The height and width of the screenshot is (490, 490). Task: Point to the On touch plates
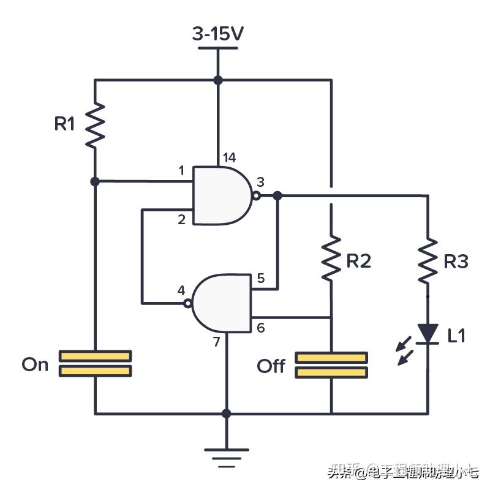pyautogui.click(x=95, y=363)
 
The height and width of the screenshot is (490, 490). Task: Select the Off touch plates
pyautogui.click(x=331, y=365)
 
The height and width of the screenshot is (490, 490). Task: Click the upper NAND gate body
pyautogui.click(x=221, y=195)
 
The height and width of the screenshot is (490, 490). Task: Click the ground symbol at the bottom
pyautogui.click(x=226, y=454)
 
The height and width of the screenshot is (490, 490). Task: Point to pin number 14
pyautogui.click(x=229, y=158)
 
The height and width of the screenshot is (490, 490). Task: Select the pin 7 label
pyautogui.click(x=216, y=342)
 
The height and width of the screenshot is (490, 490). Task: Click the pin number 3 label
pyautogui.click(x=260, y=182)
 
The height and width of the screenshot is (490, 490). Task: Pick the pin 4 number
pyautogui.click(x=181, y=289)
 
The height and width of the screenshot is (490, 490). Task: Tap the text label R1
pyautogui.click(x=64, y=124)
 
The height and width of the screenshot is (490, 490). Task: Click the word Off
pyautogui.click(x=271, y=366)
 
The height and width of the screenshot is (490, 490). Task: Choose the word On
pyautogui.click(x=35, y=365)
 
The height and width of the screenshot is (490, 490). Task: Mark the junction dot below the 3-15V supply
pyautogui.click(x=217, y=80)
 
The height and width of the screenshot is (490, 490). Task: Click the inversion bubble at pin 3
pyautogui.click(x=256, y=196)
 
